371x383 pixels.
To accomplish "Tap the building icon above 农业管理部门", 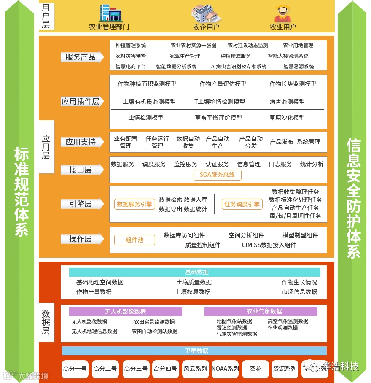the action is point(110,13).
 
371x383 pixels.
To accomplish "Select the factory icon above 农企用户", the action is point(206,13).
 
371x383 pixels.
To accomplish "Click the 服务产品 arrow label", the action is point(81,57).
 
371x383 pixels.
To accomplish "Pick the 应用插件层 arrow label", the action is point(81,101).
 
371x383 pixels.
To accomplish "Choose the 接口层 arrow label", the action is point(81,170).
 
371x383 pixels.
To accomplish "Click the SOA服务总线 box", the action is point(217,174).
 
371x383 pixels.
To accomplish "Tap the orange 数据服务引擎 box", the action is point(134,204).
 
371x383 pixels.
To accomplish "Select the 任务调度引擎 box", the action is point(242,204).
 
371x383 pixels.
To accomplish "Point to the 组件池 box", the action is point(134,240).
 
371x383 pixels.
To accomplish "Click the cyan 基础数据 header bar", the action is point(197,272).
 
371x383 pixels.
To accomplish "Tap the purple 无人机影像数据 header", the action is point(125,312).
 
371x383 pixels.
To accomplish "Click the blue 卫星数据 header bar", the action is point(194,351).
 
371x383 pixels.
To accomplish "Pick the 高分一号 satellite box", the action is point(75,369).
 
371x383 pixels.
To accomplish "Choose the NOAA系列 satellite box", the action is point(225,369).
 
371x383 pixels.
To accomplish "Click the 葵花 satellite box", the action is point(255,369).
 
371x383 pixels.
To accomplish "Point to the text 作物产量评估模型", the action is point(223,84).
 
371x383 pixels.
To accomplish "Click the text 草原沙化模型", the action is point(287,118).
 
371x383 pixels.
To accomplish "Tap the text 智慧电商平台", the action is point(131,67).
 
